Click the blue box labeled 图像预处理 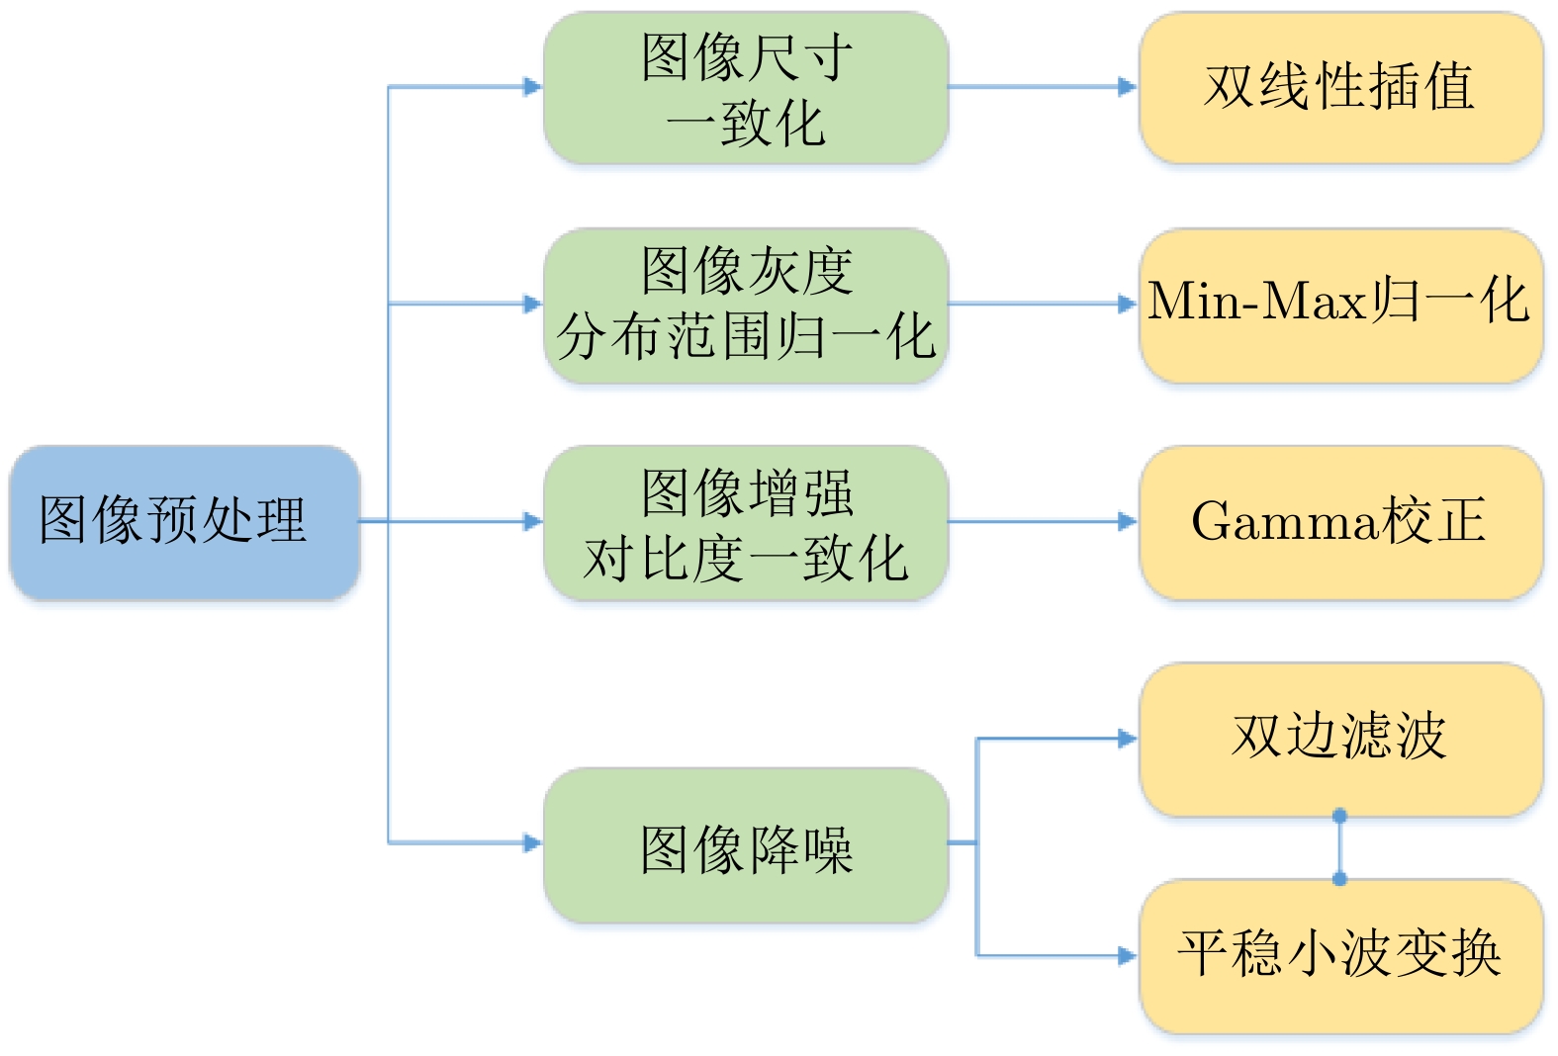tap(184, 522)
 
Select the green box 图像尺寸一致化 tap(746, 88)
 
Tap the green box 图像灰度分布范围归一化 tap(746, 305)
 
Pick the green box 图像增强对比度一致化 tap(746, 522)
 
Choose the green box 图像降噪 tap(746, 845)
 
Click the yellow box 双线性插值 tap(1340, 87)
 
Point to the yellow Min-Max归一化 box tap(1340, 305)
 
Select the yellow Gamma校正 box tap(1340, 522)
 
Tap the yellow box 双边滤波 tap(1340, 739)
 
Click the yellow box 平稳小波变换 tap(1340, 956)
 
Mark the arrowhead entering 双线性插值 tap(1128, 87)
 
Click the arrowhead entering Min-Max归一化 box tap(1128, 304)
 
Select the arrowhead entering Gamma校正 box tap(1128, 521)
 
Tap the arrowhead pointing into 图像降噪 tap(533, 842)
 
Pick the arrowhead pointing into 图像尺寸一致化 tap(533, 87)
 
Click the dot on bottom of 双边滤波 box tap(1339, 816)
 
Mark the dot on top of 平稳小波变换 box tap(1339, 879)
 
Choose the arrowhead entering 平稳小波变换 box tap(1128, 955)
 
